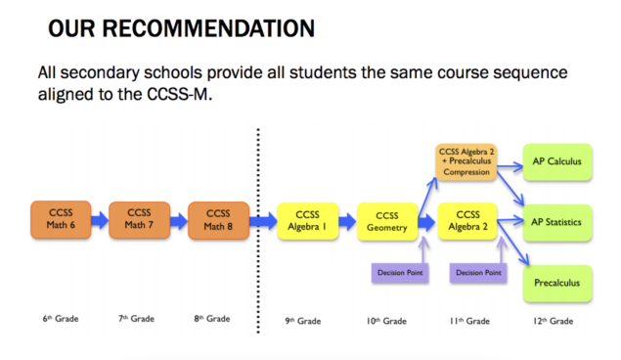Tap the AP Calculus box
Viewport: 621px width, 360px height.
(558, 161)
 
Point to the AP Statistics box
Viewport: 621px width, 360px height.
(558, 222)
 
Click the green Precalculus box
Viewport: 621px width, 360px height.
(558, 283)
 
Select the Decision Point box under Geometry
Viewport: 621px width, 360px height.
(401, 271)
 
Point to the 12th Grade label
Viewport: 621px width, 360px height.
(554, 320)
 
